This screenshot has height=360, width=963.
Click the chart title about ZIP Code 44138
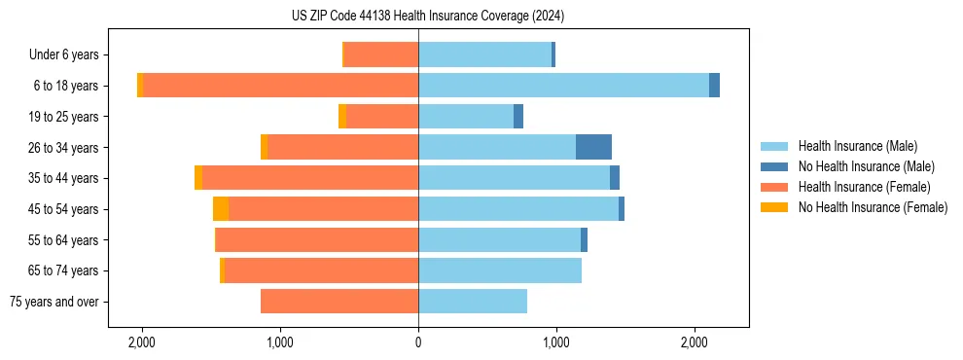click(427, 17)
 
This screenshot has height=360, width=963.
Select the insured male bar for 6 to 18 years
click(563, 86)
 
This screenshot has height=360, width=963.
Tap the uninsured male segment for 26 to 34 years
click(593, 147)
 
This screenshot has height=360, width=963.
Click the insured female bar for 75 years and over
click(339, 302)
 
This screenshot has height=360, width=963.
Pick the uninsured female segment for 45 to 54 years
click(221, 209)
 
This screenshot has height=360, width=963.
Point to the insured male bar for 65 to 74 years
click(500, 270)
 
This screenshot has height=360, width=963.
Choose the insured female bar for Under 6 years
click(381, 54)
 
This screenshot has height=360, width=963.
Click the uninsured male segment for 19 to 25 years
click(518, 117)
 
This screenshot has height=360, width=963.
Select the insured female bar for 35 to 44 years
click(310, 178)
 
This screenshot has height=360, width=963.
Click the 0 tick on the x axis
click(418, 342)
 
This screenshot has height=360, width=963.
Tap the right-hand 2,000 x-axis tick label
click(694, 342)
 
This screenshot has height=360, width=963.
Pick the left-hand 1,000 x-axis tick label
click(280, 342)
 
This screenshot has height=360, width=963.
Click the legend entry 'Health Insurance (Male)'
click(857, 146)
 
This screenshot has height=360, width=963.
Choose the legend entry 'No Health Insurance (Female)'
click(873, 207)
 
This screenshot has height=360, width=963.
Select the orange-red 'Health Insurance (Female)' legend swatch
click(774, 187)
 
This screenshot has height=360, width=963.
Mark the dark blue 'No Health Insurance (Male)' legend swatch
click(774, 166)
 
